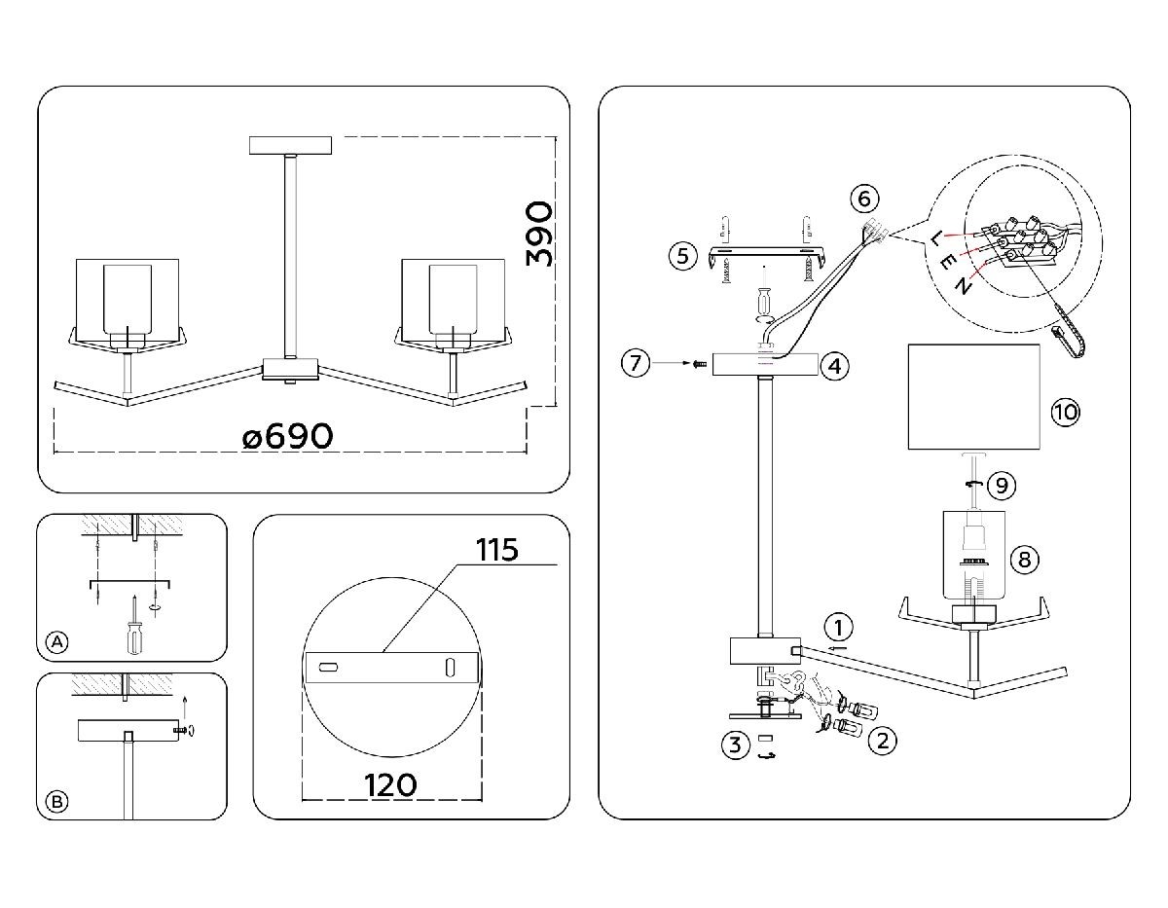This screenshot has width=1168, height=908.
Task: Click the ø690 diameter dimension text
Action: (x=288, y=437)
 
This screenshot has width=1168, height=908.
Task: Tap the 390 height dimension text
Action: (x=538, y=235)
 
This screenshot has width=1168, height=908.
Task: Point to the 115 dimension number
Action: (x=497, y=550)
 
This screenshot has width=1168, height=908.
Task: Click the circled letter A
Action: (x=58, y=642)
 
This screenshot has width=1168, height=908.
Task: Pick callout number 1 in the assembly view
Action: (x=840, y=626)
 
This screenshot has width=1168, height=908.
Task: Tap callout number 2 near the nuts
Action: (x=882, y=741)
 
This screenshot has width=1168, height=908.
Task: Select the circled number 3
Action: (x=735, y=746)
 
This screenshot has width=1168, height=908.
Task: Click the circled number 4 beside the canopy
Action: (x=834, y=367)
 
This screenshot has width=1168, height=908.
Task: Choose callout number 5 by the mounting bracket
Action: (x=683, y=256)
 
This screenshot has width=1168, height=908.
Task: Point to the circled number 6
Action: (x=863, y=199)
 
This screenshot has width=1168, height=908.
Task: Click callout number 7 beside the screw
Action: (x=636, y=364)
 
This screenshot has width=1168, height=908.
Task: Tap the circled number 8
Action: (x=1023, y=560)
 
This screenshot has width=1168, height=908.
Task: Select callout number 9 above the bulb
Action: (x=1000, y=484)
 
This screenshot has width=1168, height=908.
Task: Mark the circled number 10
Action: (x=1066, y=412)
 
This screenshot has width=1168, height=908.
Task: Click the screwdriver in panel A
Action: (x=128, y=626)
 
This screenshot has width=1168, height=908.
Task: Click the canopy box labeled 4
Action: (x=765, y=365)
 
